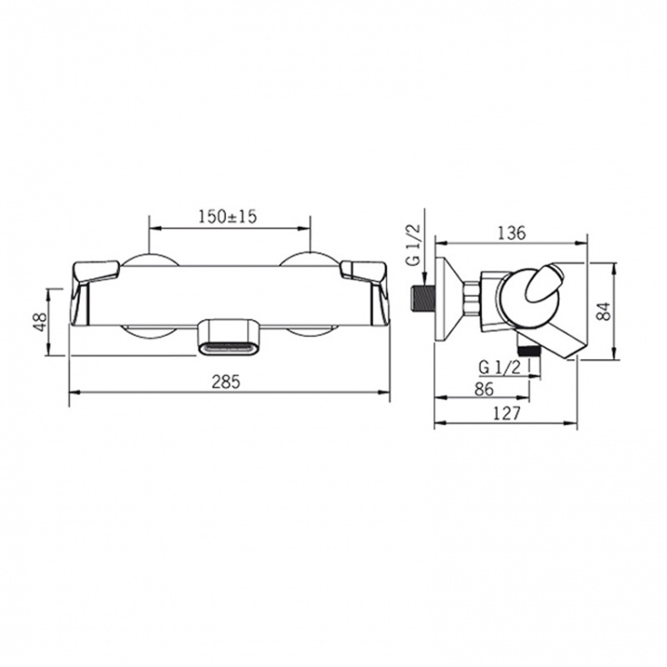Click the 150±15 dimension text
(228, 217)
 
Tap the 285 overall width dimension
(226, 382)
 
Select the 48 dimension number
(39, 322)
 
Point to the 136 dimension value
(511, 233)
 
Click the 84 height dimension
(603, 311)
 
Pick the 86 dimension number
(484, 389)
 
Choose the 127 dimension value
(506, 413)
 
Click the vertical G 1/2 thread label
(413, 245)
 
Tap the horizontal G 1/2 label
(500, 367)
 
